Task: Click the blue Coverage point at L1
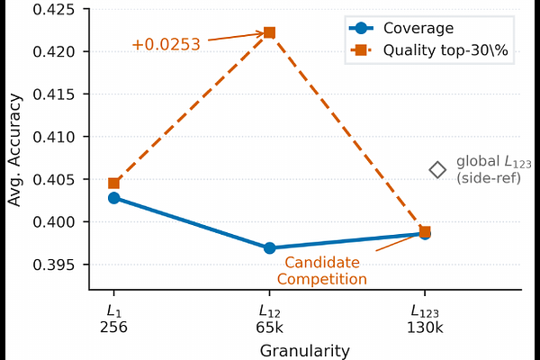coord(113,198)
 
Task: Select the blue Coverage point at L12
coord(270,248)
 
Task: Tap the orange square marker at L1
coord(113,184)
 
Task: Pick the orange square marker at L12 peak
coord(269,32)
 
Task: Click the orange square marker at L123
coord(425,231)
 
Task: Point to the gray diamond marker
coord(437,170)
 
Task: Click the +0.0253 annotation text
coord(166,44)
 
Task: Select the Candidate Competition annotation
coord(322,271)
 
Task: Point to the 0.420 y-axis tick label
coord(54,51)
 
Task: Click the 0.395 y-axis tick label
coord(54,265)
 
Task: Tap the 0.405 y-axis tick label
coord(54,179)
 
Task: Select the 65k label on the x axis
coord(269,328)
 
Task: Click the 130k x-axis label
coord(425,328)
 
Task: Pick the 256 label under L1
coord(113,328)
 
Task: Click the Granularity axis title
coord(305,351)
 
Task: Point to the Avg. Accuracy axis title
coord(14,150)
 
